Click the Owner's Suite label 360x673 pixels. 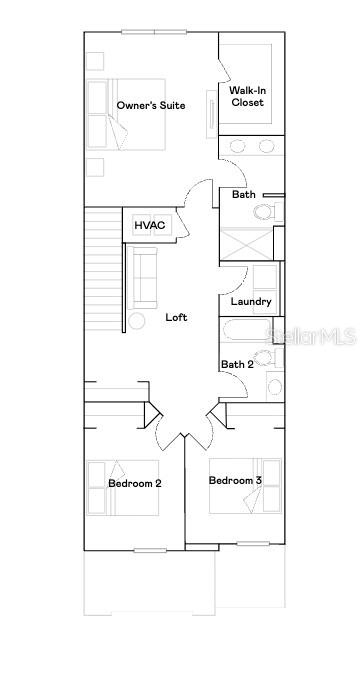point(151,105)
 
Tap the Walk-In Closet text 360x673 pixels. point(248,96)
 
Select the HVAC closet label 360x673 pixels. point(150,226)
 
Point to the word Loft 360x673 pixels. point(176,317)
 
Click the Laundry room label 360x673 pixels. point(250,302)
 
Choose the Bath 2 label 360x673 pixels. point(237,364)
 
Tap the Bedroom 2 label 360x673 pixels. point(135,483)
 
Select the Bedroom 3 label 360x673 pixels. point(235,481)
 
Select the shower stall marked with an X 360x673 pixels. point(246,245)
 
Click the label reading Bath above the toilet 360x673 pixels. point(243,194)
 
